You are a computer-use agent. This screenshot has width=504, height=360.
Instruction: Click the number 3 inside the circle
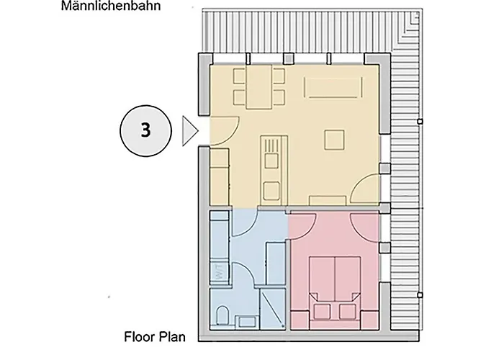coord(145,130)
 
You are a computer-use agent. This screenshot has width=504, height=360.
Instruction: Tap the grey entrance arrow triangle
coord(189,131)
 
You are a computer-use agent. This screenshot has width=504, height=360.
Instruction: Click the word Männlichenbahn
coord(111,6)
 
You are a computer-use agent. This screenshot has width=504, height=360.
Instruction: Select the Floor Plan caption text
coord(155,337)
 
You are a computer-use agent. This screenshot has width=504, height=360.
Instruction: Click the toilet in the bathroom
coord(222,315)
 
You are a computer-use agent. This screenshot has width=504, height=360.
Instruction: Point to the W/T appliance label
coord(218,272)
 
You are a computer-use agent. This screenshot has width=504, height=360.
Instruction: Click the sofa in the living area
coord(333,87)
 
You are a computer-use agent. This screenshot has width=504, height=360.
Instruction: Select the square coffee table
coord(334,140)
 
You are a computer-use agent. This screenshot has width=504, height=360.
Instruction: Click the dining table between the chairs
coord(258,87)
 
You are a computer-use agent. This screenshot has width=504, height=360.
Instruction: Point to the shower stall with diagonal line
coord(272,310)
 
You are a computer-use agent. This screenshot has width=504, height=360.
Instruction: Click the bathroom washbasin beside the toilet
coord(246,322)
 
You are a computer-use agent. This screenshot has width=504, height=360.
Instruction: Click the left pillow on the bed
coord(322,312)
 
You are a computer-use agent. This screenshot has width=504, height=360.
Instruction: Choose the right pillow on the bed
coord(348,312)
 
